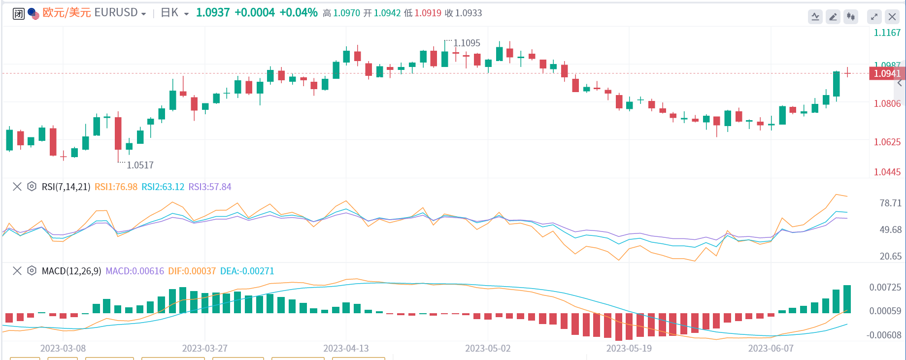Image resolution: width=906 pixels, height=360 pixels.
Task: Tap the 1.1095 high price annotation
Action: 467,43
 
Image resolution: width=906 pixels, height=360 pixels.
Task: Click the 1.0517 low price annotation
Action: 140,165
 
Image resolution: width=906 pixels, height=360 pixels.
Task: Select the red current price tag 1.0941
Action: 887,73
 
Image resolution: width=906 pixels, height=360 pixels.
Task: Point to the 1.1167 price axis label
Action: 887,33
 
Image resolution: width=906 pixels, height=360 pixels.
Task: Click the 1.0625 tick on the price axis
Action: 887,142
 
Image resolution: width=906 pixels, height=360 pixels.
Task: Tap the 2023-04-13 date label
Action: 346,348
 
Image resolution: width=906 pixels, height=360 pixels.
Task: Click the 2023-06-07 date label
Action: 771,348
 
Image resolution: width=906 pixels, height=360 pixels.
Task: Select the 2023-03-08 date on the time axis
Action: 63,348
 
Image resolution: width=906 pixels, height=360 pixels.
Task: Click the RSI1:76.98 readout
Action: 116,187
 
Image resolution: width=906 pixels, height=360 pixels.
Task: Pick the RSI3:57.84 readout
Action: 210,187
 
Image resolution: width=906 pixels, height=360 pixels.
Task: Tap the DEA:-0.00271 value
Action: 247,271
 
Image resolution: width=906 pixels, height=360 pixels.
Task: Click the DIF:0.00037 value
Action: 192,271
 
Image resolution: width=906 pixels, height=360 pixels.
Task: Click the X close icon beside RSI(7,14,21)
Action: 17,187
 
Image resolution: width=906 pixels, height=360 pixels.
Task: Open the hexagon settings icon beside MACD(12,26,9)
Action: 32,271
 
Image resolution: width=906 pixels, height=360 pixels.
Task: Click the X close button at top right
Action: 892,17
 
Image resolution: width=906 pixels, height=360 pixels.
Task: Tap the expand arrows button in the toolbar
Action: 874,17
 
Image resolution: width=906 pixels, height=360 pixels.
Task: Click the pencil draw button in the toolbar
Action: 833,17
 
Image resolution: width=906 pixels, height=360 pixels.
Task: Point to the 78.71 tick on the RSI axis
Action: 890,203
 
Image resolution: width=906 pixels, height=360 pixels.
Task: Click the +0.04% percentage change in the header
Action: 299,13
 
